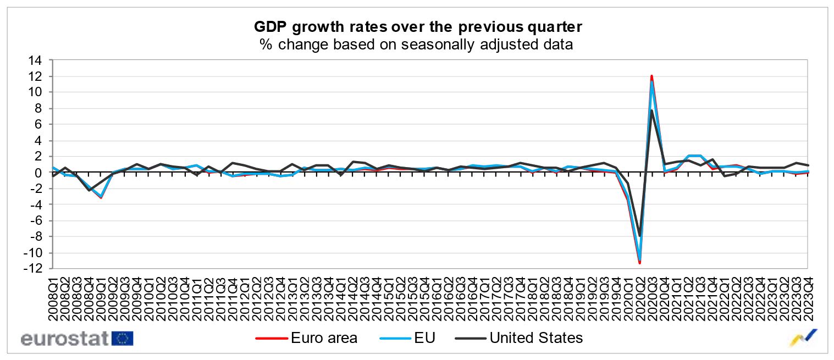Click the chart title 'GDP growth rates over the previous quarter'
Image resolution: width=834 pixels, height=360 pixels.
tap(417, 26)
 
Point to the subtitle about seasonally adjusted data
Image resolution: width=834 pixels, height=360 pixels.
tap(417, 45)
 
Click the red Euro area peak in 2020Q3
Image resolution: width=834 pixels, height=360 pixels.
tap(651, 76)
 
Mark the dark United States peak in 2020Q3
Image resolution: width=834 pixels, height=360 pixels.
tap(651, 110)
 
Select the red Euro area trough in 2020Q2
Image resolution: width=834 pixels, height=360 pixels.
tap(639, 263)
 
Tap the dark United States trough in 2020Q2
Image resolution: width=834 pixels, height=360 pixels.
tap(639, 236)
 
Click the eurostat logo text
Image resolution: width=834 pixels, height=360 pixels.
tap(65, 338)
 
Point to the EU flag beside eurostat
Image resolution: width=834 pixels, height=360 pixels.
tap(122, 338)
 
